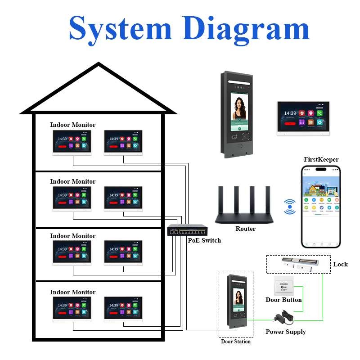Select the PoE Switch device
click(187, 230)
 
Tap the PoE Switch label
click(204, 240)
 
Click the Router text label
click(245, 229)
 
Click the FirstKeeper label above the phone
click(321, 159)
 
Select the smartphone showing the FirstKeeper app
click(321, 207)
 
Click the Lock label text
click(340, 264)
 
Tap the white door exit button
click(283, 286)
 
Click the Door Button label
click(283, 300)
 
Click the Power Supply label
click(285, 332)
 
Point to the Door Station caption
click(236, 342)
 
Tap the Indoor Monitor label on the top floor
click(73, 125)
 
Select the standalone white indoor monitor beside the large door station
click(303, 118)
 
